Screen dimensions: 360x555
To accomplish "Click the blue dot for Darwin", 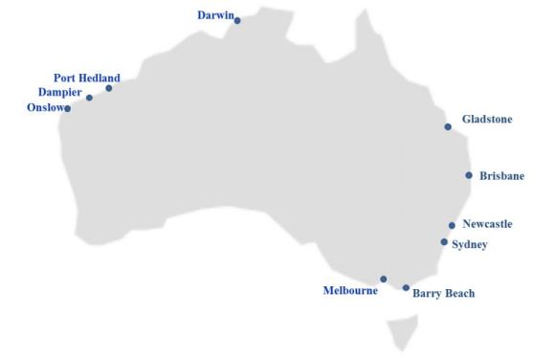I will (x=237, y=20).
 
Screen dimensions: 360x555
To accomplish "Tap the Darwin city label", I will (x=214, y=15).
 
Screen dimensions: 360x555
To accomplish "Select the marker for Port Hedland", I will (x=109, y=88).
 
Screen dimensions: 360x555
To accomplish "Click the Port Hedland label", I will (x=87, y=78).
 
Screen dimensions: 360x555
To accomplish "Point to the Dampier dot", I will (x=89, y=98).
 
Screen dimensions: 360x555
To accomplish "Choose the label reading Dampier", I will (x=59, y=93).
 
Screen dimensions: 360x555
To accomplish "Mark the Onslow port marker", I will (x=67, y=108).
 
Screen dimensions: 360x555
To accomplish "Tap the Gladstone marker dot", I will (x=448, y=126).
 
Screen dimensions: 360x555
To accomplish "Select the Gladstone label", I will (x=487, y=120).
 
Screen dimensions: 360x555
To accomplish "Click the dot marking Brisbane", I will (x=469, y=175).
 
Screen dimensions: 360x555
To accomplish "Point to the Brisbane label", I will (x=502, y=176).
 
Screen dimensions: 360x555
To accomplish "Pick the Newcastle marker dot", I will (x=452, y=226).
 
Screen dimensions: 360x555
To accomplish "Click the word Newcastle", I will (x=487, y=224).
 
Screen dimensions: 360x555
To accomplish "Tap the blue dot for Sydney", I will (x=444, y=242).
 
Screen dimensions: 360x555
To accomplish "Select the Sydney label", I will (x=470, y=245).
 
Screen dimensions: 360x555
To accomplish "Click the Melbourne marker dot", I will (x=384, y=280).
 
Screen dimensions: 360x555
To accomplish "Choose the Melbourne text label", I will (x=350, y=289).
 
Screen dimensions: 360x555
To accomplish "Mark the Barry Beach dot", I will (x=406, y=287).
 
